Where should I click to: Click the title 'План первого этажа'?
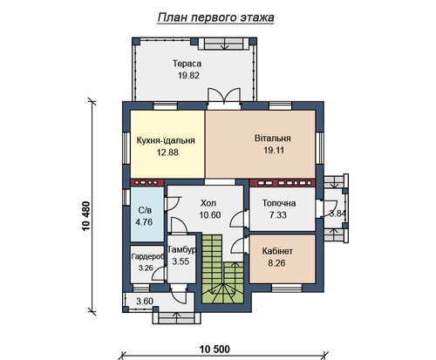(x=215, y=17)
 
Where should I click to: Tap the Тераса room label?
(x=187, y=64)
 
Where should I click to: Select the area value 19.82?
(x=188, y=76)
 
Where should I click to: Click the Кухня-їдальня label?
(x=166, y=140)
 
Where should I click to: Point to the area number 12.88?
(x=167, y=153)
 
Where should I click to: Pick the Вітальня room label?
(x=273, y=138)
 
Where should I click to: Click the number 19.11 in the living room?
(x=274, y=150)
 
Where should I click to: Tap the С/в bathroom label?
(x=145, y=210)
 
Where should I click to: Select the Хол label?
(x=208, y=203)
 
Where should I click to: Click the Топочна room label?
(x=279, y=203)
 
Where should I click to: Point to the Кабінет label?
(x=277, y=251)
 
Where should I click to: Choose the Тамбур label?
(x=181, y=249)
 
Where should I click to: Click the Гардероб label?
(x=147, y=256)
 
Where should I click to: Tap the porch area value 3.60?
(x=145, y=301)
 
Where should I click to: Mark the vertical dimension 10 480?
(x=86, y=216)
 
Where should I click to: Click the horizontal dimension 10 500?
(x=215, y=349)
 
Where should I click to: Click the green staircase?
(x=222, y=268)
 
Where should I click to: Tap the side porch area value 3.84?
(x=337, y=214)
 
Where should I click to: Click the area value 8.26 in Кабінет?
(x=276, y=263)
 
